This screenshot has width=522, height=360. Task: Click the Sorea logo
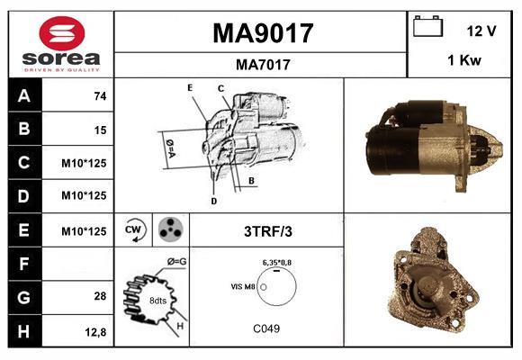pos(61,44)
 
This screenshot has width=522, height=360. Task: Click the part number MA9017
pos(262,33)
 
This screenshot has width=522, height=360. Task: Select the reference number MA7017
pos(262,64)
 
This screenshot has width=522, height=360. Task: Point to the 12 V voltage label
pos(482,31)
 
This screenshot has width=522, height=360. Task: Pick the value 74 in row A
pos(99,96)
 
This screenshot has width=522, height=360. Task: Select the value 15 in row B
pos(99,130)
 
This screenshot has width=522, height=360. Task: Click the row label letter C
pos(23,164)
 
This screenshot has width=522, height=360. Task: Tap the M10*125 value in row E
pos(84,230)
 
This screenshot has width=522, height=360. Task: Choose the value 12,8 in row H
pos(95,331)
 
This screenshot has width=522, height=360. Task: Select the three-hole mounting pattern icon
pos(169,230)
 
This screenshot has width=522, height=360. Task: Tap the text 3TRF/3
pos(268,231)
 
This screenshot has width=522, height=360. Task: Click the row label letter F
pos(23,264)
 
